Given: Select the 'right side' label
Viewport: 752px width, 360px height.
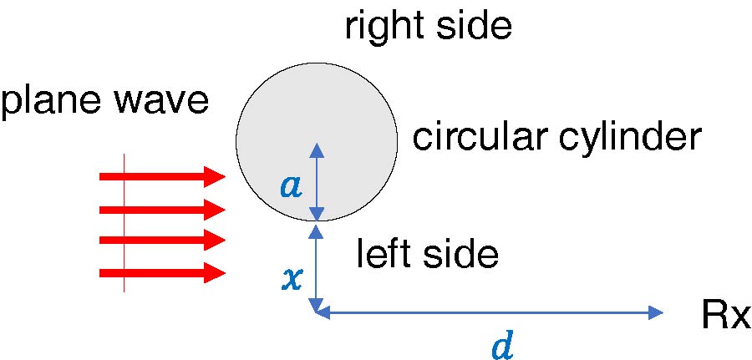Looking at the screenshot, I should [427, 27].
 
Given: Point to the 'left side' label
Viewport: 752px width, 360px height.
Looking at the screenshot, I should [427, 253].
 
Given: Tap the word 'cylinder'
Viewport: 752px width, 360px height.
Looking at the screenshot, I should [627, 137].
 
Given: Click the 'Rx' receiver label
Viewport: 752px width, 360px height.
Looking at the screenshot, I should [725, 316].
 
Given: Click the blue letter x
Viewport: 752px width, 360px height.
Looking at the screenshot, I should [292, 278].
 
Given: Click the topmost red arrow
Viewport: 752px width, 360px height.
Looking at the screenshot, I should [162, 176].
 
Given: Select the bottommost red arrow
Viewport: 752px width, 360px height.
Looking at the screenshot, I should [162, 272].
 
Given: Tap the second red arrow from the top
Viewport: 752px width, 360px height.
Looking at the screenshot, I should [162, 208].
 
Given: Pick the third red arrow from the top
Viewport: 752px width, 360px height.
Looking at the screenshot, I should [162, 241].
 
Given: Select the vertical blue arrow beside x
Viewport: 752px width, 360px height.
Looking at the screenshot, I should [316, 267].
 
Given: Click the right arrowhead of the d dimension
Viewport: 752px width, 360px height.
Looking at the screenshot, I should [655, 313].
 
